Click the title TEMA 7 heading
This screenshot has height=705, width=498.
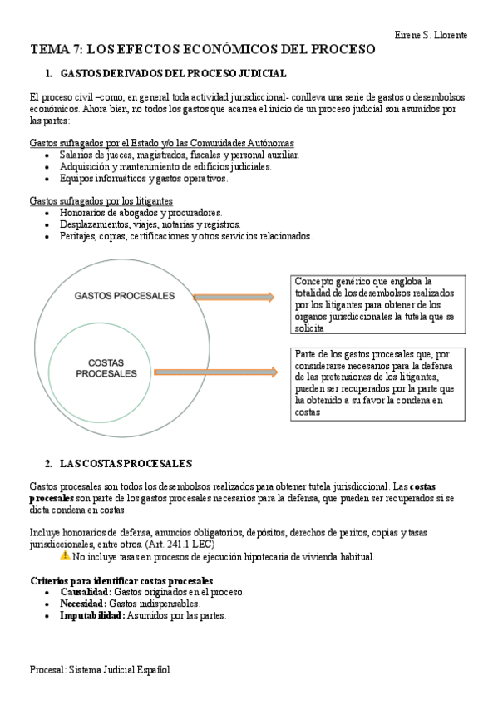click(x=203, y=50)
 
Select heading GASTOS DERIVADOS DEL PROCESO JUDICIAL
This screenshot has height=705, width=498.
click(x=174, y=74)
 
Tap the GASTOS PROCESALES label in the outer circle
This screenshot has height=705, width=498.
click(x=125, y=296)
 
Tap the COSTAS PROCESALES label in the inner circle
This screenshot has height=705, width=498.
click(x=106, y=368)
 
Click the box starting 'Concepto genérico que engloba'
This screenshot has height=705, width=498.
click(x=378, y=305)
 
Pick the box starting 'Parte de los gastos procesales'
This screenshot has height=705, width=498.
click(x=378, y=382)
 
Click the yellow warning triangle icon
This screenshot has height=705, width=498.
click(x=65, y=555)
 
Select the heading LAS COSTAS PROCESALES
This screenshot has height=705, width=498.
click(x=126, y=463)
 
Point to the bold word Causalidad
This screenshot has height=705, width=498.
click(x=85, y=592)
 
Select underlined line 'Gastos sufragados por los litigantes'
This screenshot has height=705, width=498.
click(x=101, y=200)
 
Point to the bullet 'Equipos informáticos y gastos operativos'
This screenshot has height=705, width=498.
click(x=143, y=178)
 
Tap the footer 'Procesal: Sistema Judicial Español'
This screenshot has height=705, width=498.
click(x=99, y=668)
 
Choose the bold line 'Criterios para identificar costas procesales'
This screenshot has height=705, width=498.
click(x=121, y=579)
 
